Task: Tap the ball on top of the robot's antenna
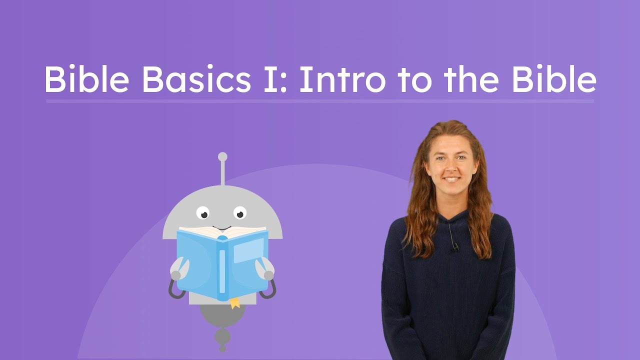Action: point(222,157)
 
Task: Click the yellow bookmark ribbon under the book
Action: point(234,302)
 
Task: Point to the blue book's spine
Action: point(222,267)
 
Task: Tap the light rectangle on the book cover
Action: point(248,250)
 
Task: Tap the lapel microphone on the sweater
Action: point(455,245)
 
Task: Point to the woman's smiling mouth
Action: point(451,178)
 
